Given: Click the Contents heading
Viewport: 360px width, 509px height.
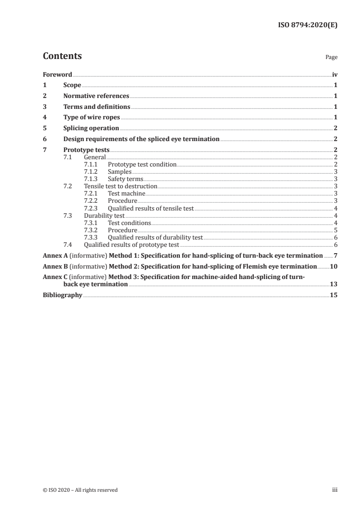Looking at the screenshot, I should click(62, 56).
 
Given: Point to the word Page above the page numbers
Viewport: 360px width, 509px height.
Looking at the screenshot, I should click(331, 58).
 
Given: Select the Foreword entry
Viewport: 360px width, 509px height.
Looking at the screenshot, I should click(57, 74).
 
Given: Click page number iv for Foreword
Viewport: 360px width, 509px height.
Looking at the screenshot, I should click(335, 74).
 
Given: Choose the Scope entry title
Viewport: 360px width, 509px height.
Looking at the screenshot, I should click(72, 85).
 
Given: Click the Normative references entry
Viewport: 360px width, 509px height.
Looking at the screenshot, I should click(96, 96).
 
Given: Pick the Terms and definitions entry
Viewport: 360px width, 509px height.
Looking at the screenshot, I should click(97, 107).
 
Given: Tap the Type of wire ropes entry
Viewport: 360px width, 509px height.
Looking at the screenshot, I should click(92, 117).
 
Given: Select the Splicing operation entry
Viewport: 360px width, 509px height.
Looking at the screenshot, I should click(91, 128).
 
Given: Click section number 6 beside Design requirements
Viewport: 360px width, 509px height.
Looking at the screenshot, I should click(44, 139).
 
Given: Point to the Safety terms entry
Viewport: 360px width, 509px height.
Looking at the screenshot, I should click(125, 179).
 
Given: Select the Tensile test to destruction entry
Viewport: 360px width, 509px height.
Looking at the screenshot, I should click(121, 186).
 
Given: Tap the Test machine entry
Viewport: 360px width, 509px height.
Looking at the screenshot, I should click(127, 194).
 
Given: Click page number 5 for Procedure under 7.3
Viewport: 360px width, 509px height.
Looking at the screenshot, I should click(335, 230).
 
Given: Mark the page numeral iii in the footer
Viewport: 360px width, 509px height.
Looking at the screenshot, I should click(334, 490).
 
